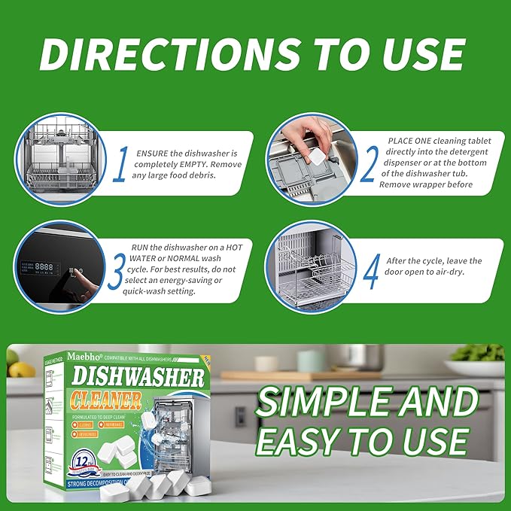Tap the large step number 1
pyautogui.click(x=120, y=164)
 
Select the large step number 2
pyautogui.click(x=368, y=164)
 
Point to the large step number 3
pyautogui.click(x=114, y=271)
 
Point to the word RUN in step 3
pyautogui.click(x=142, y=247)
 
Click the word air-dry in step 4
pyautogui.click(x=446, y=272)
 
